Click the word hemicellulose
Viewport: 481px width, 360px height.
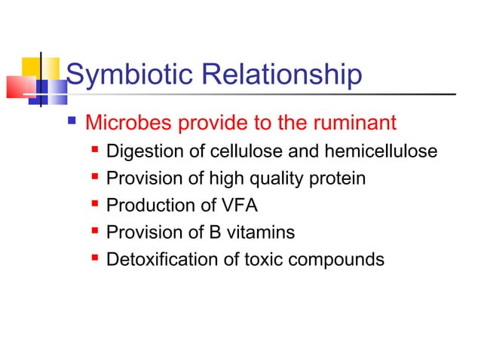[x=381, y=151]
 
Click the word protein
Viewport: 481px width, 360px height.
[x=339, y=178]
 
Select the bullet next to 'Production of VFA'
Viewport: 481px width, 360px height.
[x=95, y=205]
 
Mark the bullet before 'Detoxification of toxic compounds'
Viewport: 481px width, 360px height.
[x=95, y=258]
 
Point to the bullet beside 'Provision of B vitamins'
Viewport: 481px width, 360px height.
[x=95, y=231]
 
